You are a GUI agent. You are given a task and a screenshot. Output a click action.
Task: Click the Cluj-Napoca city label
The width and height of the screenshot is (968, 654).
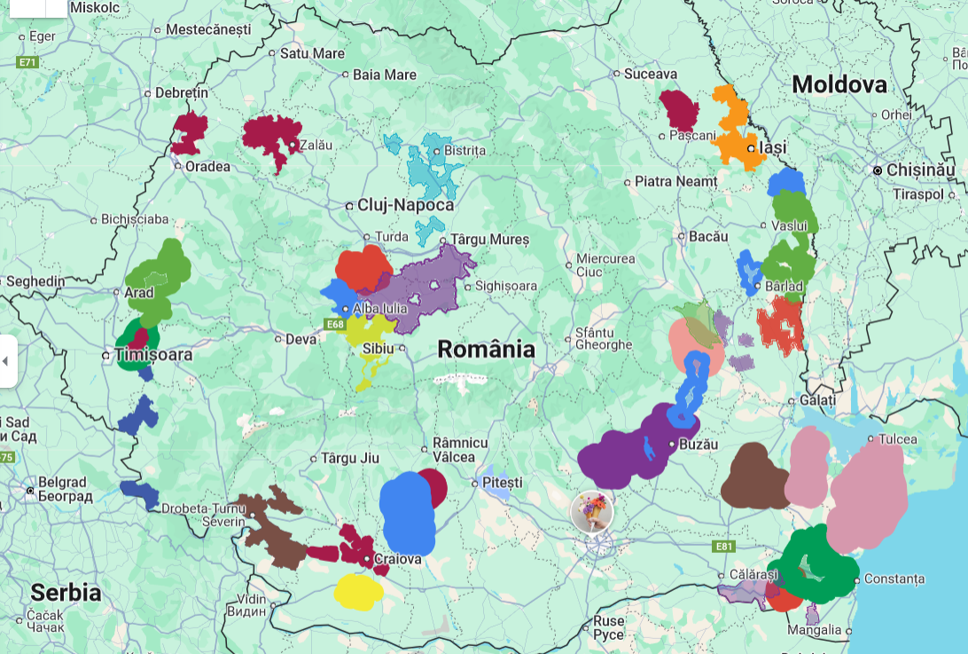(x=405, y=205)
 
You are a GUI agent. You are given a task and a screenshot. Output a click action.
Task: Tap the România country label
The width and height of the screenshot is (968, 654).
(x=486, y=349)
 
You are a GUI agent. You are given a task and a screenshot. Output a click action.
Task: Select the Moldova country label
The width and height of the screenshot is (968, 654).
(x=839, y=84)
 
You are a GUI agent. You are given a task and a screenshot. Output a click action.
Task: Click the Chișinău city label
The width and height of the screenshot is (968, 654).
(x=921, y=169)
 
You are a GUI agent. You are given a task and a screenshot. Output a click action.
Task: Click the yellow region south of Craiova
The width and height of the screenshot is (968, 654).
(x=357, y=591)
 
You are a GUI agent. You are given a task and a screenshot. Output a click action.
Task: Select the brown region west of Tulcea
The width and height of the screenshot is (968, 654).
(x=753, y=477)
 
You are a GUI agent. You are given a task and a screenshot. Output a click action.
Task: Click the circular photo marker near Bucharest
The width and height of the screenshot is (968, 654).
(x=592, y=512)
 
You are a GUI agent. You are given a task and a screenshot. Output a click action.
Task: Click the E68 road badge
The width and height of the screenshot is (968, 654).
(x=334, y=325)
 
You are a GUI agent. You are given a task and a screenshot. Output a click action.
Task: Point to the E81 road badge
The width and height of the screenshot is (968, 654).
(x=724, y=547)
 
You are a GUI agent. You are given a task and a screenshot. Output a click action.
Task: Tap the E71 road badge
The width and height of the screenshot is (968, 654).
(x=28, y=62)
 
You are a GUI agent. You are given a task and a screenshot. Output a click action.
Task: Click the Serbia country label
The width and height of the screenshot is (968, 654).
(x=66, y=592)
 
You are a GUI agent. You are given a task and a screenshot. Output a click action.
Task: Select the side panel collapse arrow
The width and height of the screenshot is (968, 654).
(x=7, y=361)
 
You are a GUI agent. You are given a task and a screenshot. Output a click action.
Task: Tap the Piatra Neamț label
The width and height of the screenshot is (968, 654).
(x=675, y=181)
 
